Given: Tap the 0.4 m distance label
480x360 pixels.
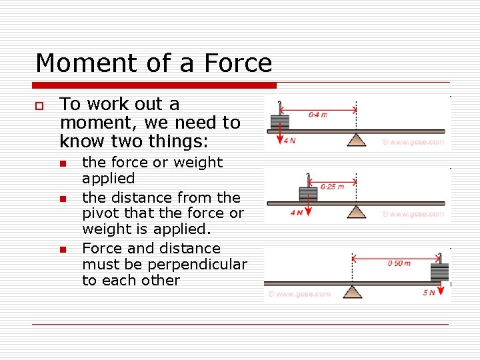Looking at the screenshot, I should (x=318, y=115).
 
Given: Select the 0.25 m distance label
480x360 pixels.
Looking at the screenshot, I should (x=332, y=187).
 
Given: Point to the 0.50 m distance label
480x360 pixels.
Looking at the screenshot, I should (x=399, y=263).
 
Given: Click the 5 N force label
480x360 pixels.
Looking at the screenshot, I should (x=429, y=293).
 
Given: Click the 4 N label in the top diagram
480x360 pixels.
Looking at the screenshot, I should (x=289, y=141).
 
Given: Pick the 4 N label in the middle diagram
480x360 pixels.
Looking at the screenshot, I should (x=297, y=213).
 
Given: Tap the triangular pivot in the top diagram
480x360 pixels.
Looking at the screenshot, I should (x=357, y=139).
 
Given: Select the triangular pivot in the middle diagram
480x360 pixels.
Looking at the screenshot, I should (x=357, y=211).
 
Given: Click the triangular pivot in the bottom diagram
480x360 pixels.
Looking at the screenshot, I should (x=353, y=292).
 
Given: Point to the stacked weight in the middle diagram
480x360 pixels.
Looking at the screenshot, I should (x=308, y=194).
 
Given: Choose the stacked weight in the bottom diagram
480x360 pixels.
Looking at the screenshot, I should (x=440, y=272).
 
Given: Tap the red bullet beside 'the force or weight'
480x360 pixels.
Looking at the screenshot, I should (x=63, y=164).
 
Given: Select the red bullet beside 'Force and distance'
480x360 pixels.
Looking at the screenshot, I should (x=63, y=250).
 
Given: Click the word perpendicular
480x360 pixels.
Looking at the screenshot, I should (x=204, y=265).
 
